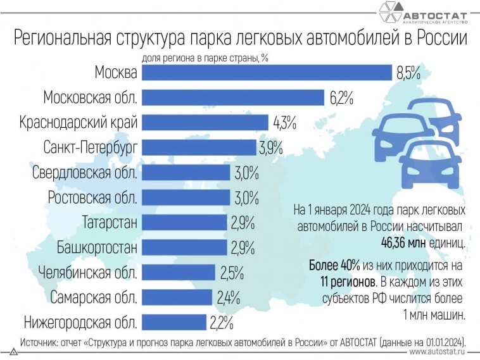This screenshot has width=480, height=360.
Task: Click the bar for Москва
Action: point(267,73)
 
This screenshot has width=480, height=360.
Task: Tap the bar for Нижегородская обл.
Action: point(174,323)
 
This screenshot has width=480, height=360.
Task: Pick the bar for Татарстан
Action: point(184,223)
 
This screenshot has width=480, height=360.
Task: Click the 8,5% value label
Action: point(408,73)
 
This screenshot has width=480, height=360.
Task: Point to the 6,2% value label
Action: point(341,98)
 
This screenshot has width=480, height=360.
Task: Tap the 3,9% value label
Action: point(270,148)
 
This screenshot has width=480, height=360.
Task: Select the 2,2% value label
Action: point(221,323)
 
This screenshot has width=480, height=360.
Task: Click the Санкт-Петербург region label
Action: point(91,147)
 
